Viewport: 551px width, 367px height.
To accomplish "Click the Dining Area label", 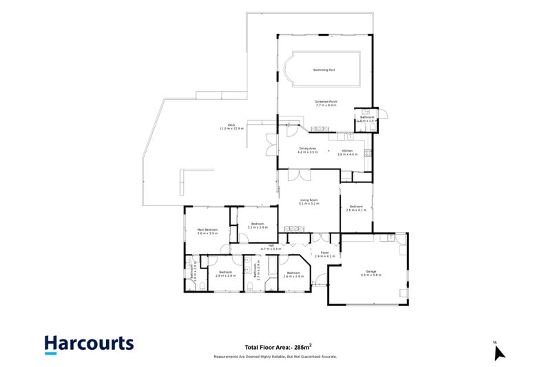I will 308,150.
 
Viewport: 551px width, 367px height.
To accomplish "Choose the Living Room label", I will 309,202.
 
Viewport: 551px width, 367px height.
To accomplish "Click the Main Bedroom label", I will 207,231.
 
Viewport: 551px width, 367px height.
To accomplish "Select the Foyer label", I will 324,254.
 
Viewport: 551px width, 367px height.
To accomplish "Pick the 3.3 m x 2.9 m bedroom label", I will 258,225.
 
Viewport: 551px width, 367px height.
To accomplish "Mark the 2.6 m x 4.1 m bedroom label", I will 355,208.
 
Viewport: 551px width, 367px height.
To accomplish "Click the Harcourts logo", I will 89,344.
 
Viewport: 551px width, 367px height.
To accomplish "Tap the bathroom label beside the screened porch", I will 366,118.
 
